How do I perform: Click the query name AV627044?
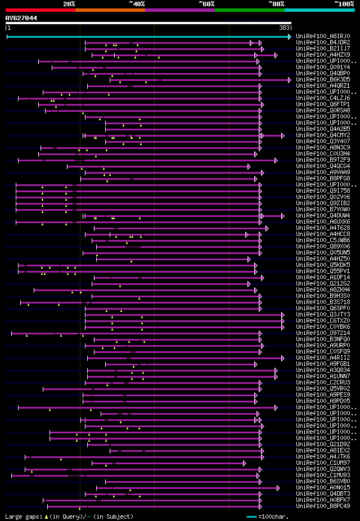[21, 18]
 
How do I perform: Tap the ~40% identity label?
[137, 3]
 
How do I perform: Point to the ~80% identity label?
[276, 3]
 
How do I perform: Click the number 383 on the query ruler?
[284, 27]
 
